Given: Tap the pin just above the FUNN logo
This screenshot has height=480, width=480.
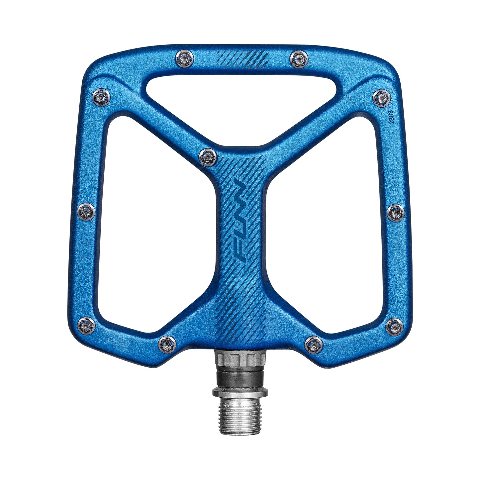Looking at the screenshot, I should click(208, 156).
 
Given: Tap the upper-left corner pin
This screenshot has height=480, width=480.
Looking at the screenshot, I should click(101, 97).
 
